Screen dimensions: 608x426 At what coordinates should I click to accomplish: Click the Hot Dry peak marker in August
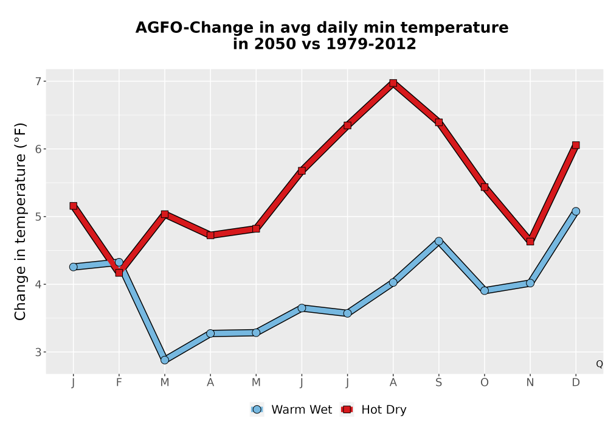[x=393, y=83]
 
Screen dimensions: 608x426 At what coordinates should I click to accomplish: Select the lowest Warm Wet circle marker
[x=165, y=360]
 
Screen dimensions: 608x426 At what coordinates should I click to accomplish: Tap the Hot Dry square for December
[x=576, y=145]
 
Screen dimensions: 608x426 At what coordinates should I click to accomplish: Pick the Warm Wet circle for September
[x=439, y=242]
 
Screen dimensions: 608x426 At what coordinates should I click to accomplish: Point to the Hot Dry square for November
[x=530, y=242]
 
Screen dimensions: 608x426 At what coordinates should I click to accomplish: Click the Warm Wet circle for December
[x=576, y=211]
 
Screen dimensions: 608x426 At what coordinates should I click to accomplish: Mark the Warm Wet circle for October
[x=485, y=291]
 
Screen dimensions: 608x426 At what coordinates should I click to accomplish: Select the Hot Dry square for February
[x=119, y=273]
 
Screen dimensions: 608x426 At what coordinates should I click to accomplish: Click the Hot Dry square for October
[x=485, y=187]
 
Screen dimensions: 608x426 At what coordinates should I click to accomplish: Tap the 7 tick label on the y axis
[x=38, y=82]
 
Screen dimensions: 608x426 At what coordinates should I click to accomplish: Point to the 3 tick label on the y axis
[x=38, y=352]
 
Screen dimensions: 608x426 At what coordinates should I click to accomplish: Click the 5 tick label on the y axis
[x=38, y=217]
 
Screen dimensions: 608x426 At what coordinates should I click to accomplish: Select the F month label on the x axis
[x=119, y=383]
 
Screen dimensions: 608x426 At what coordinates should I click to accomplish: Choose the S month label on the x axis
[x=439, y=383]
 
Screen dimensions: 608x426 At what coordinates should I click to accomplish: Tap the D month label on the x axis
[x=576, y=383]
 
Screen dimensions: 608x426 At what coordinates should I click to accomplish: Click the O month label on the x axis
[x=485, y=383]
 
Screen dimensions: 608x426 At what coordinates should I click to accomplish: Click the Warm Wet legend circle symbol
[x=257, y=410]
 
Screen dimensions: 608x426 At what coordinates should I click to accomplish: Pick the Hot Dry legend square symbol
[x=347, y=410]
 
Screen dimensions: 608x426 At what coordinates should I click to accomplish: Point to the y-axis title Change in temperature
[x=20, y=222]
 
